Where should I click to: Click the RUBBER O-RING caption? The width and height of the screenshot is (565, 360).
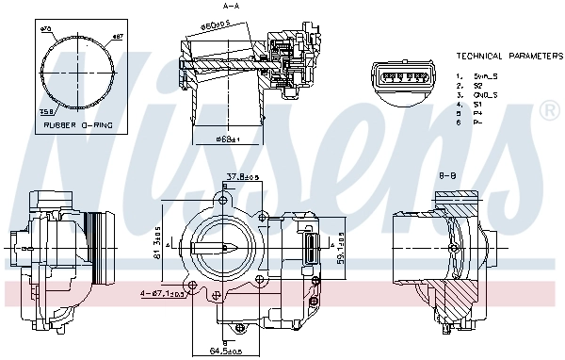click(72, 123)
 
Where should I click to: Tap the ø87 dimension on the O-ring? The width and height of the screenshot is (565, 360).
click(118, 37)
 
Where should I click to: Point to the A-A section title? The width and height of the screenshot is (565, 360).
click(231, 7)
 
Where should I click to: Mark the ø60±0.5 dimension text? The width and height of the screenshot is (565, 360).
click(217, 26)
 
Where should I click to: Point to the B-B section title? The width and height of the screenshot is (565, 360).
click(446, 174)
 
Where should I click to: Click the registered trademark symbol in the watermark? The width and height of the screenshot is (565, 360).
click(548, 112)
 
